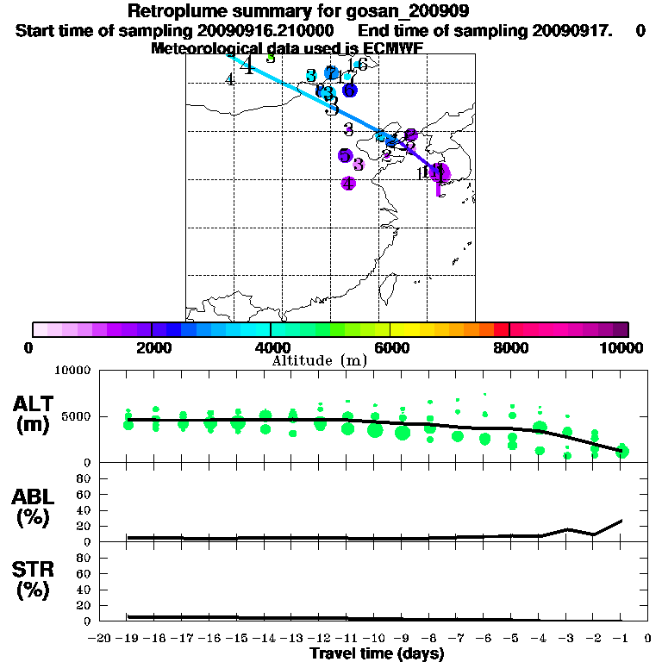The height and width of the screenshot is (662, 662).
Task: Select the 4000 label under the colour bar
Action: click(x=271, y=347)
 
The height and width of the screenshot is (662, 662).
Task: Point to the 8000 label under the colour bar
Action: click(x=509, y=347)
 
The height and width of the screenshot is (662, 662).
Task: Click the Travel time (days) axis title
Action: click(x=377, y=654)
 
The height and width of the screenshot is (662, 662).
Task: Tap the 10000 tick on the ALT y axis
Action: click(x=75, y=371)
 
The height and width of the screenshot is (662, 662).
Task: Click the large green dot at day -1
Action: click(x=622, y=451)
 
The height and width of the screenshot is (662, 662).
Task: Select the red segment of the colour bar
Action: click(x=502, y=329)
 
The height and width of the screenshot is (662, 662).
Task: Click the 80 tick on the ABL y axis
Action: click(x=85, y=477)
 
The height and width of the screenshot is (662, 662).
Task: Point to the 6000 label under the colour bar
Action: click(x=390, y=347)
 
